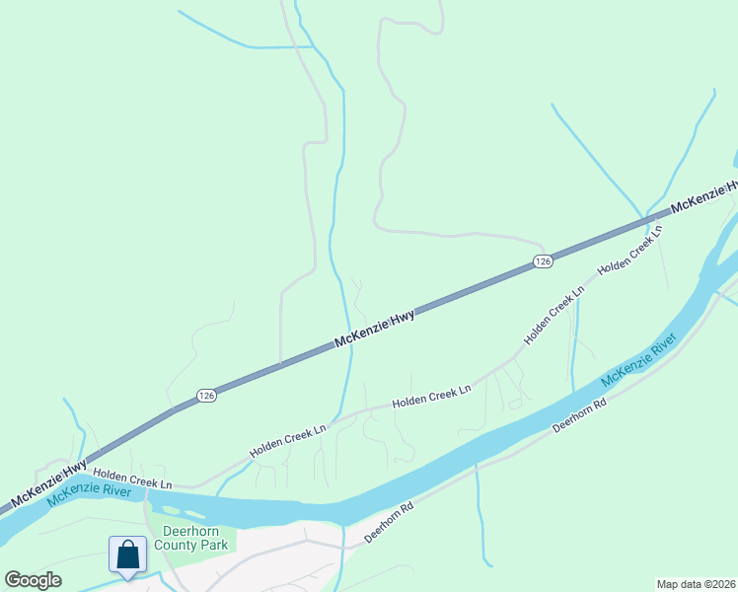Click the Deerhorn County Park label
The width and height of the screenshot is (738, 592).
pos(195,537)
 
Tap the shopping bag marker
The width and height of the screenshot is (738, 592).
pos(128,555)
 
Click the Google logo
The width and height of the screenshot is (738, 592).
pos(33,580)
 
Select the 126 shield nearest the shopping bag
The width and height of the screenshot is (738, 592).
pos(205,395)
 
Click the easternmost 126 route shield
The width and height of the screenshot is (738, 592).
pos(543,260)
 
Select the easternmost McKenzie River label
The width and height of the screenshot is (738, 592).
pos(639,359)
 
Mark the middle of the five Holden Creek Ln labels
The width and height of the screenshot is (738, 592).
pos(431,398)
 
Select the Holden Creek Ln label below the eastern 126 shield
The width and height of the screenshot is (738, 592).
pos(554,315)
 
